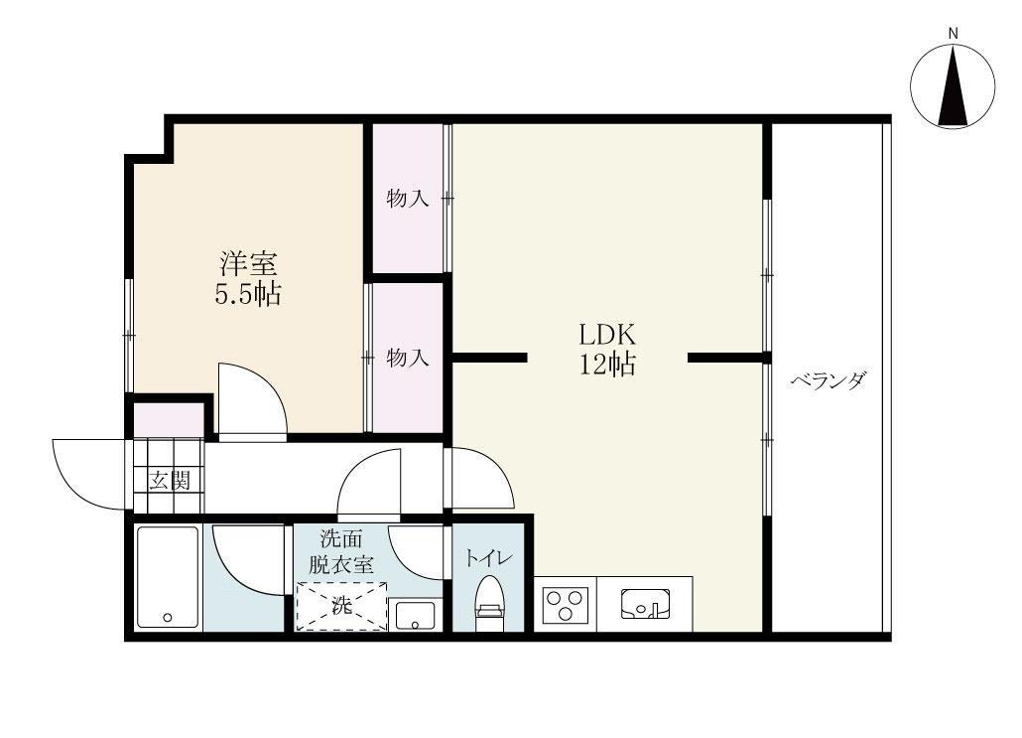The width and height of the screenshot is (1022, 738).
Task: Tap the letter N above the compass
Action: (953, 34)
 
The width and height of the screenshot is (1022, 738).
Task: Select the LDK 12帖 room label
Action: (607, 348)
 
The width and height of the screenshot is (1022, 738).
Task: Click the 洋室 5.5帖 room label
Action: (248, 279)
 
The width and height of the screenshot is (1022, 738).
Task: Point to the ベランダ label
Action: (829, 380)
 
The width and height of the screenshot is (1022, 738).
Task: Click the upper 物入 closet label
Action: (407, 199)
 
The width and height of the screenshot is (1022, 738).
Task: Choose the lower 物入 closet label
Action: (407, 358)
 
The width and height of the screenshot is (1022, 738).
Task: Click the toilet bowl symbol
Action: (490, 602)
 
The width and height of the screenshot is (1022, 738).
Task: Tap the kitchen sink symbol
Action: (646, 603)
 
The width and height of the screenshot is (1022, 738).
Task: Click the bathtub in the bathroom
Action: (167, 577)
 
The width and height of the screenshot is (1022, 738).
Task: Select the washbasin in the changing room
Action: (415, 614)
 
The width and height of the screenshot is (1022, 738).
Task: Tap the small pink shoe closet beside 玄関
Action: (168, 419)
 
